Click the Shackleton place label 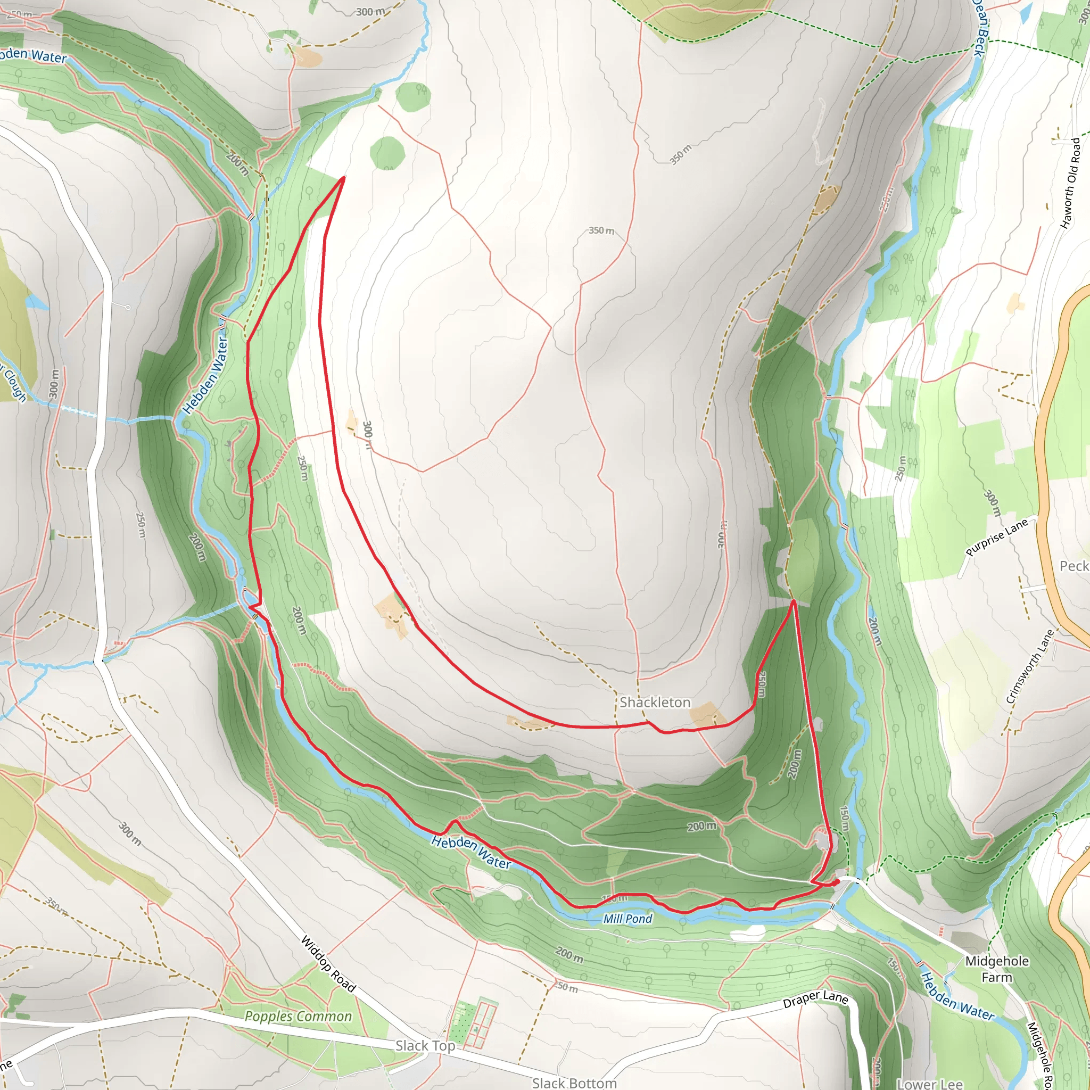coord(655,703)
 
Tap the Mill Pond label coord(627,919)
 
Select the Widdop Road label coord(328,964)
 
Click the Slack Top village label coord(425,1045)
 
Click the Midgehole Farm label coord(997,969)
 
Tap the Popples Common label coord(298,1016)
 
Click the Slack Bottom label coord(574,1083)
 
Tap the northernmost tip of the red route coord(344,178)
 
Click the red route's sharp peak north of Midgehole coord(794,601)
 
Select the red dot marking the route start coord(837,881)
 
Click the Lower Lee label coord(929,1083)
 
